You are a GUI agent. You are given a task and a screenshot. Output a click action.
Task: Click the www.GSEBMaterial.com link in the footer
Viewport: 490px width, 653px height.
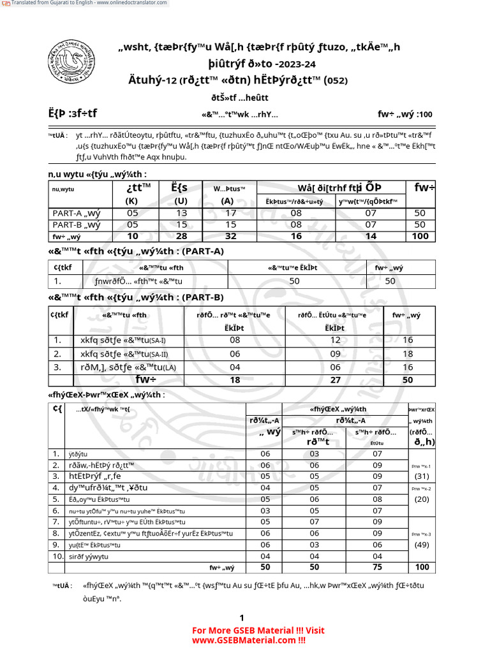(249, 640)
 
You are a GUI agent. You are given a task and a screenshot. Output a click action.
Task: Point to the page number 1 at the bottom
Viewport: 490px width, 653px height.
(242, 618)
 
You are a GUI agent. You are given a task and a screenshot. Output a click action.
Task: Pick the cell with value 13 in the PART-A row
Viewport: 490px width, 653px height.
(182, 214)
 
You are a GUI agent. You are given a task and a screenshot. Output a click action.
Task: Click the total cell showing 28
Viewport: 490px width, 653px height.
(182, 236)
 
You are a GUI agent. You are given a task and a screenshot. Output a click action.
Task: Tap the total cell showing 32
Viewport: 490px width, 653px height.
(229, 236)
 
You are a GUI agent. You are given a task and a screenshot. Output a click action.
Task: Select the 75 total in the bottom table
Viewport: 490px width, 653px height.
(377, 567)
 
